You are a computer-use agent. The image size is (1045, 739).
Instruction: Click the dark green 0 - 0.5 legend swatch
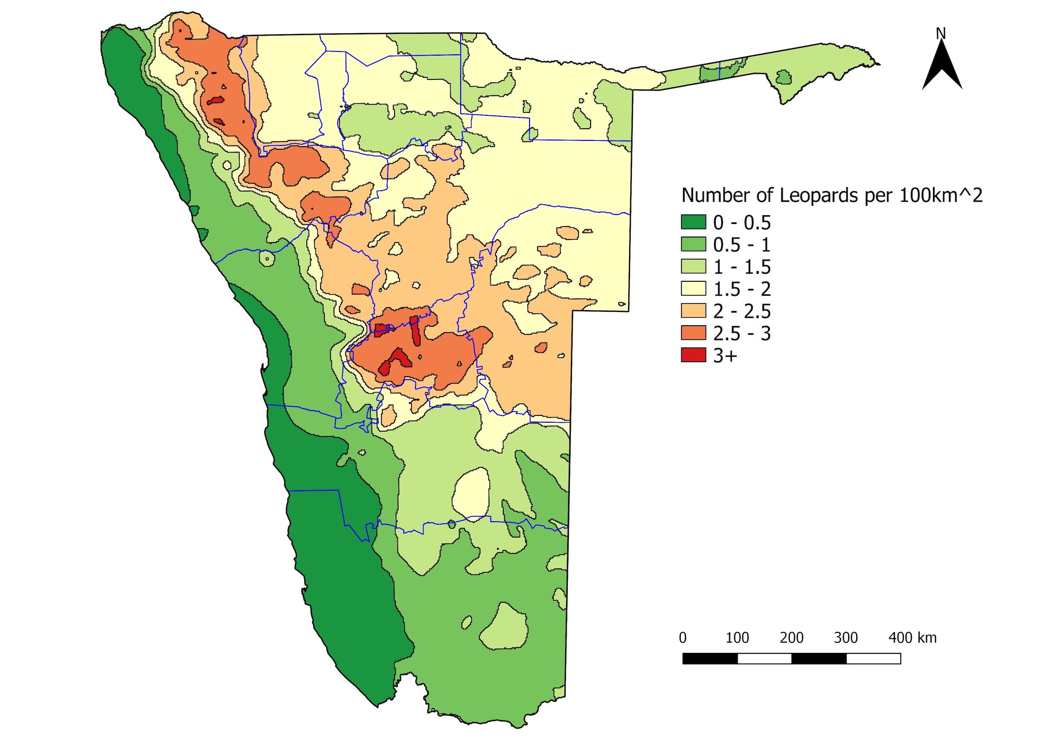tap(693, 222)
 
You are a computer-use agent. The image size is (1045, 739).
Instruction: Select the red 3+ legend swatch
tap(693, 355)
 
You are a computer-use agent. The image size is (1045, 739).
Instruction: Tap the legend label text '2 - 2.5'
tap(742, 311)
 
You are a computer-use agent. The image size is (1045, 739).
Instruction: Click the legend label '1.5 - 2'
tap(742, 289)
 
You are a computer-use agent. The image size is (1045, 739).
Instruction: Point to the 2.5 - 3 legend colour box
tap(693, 333)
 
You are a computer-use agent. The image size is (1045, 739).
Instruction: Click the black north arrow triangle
tap(942, 68)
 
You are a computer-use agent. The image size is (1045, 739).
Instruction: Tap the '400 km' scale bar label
tap(912, 637)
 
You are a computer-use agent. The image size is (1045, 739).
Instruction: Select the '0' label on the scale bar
tap(683, 637)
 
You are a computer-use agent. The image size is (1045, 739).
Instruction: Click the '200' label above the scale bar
tap(792, 637)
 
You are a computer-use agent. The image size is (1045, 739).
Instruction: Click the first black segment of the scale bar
tap(710, 658)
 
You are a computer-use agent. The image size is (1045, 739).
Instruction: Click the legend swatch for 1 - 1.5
tap(693, 266)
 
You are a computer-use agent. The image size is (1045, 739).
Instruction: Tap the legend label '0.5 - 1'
tap(742, 245)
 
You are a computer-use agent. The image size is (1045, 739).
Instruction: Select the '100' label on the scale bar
tap(737, 637)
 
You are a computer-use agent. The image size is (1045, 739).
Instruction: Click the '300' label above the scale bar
tap(846, 637)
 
